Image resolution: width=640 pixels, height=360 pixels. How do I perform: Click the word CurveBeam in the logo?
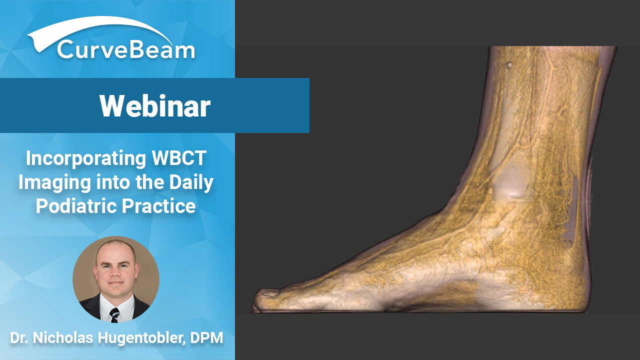coord(126,50)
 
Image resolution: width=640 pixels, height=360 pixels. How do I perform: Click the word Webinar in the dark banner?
coord(155,106)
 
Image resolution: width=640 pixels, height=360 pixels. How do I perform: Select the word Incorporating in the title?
coord(85,158)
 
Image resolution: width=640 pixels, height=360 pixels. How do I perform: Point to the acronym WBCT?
coord(179,157)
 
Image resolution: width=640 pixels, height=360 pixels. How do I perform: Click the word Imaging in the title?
coord(54,183)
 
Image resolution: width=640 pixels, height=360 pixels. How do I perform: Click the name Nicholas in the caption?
coord(63,337)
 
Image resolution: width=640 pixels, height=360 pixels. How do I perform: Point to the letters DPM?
coord(206,337)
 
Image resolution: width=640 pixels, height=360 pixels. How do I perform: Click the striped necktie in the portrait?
coord(114,315)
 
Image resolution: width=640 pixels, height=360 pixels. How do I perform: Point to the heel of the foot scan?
coord(583,294)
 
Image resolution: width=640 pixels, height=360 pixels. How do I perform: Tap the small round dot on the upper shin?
coord(509,65)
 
